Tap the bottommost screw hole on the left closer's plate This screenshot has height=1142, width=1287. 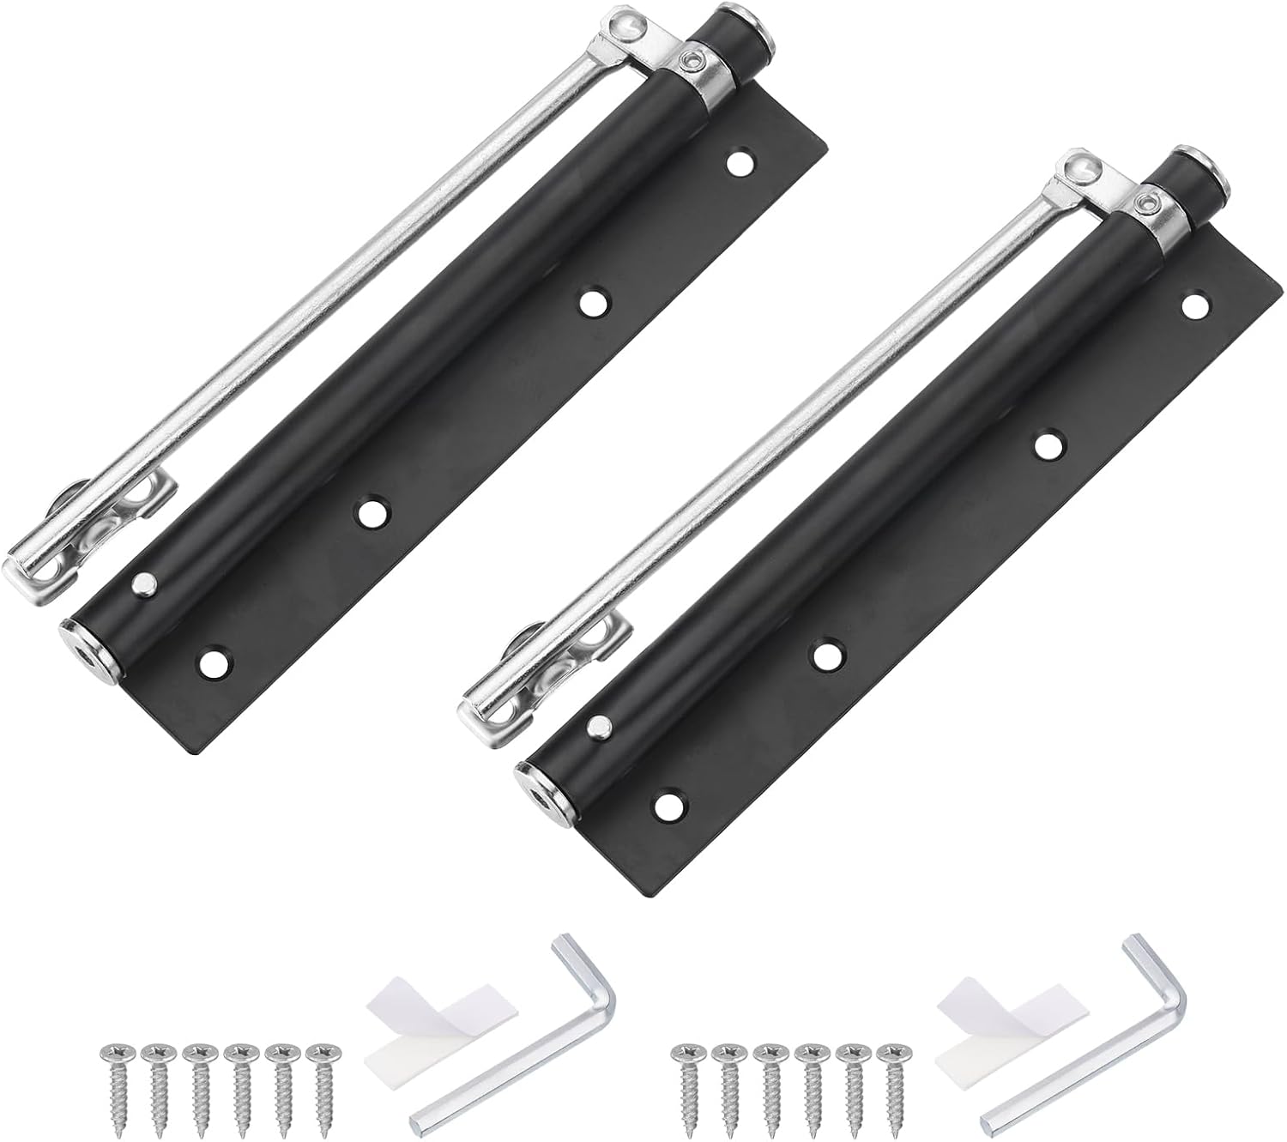(211, 662)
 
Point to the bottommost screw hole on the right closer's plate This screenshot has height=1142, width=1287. (666, 804)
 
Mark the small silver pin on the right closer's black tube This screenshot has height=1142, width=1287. (597, 727)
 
